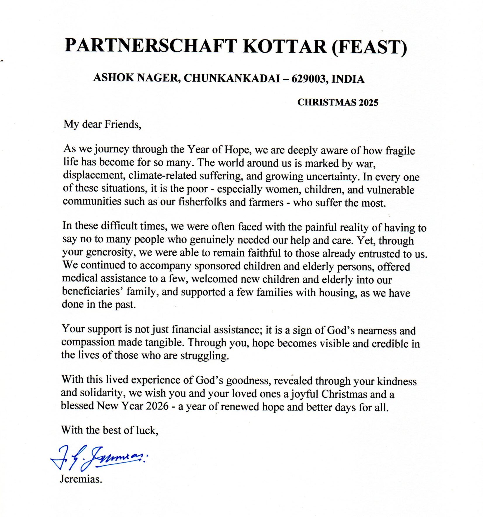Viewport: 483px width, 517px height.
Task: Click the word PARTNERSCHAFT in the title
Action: [150, 46]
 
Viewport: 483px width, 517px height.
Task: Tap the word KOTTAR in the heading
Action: [285, 46]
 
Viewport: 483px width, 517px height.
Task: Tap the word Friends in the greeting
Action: [122, 125]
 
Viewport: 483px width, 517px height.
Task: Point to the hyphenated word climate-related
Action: [162, 175]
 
